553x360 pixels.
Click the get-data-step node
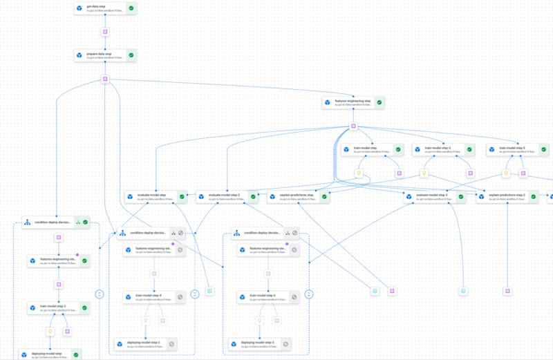pyautogui.click(x=100, y=9)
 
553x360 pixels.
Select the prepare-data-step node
pyautogui.click(x=100, y=55)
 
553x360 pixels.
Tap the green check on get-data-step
pyautogui.click(x=131, y=9)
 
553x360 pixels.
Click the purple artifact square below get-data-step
pyautogui.click(x=105, y=32)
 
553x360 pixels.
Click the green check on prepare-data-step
pyautogui.click(x=131, y=55)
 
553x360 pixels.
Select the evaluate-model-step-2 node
pyautogui.click(x=222, y=197)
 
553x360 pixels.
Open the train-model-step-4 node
pyautogui.click(x=149, y=297)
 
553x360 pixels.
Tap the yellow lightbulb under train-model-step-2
pyautogui.click(x=50, y=332)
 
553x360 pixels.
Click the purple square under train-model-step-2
pyautogui.click(x=67, y=332)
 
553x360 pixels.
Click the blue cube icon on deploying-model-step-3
pyautogui.click(x=236, y=343)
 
